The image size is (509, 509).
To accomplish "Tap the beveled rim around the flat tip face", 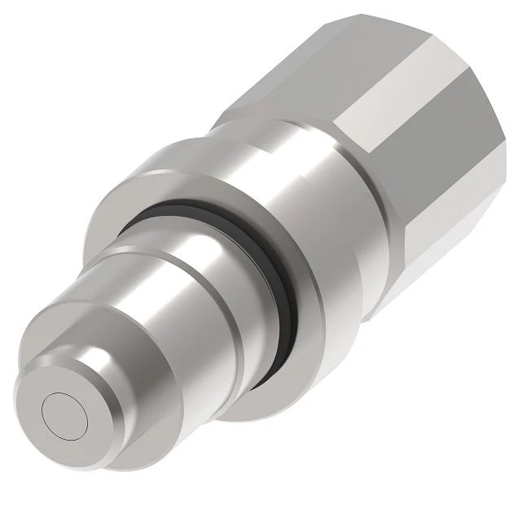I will pyautogui.click(x=92, y=432).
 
